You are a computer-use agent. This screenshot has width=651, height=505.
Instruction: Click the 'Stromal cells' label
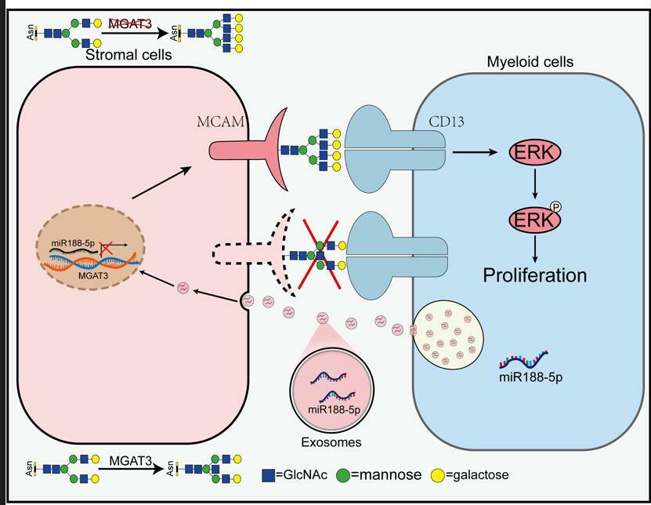[x=128, y=55]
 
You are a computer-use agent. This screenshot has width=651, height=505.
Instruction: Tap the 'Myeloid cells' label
[x=530, y=62]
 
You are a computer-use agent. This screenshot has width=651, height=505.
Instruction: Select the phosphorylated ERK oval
[x=535, y=220]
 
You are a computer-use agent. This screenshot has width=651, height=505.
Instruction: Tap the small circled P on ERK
[x=557, y=209]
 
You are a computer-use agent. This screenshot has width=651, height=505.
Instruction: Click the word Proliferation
[x=535, y=275]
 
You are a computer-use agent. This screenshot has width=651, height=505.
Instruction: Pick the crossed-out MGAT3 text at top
[x=129, y=24]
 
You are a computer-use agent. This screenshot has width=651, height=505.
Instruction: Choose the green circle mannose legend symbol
[x=342, y=474]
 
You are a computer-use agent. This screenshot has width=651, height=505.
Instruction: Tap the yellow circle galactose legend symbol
[x=439, y=474]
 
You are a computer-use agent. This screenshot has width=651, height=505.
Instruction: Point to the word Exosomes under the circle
[x=334, y=442]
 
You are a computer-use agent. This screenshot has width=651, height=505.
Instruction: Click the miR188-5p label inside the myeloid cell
[x=531, y=376]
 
